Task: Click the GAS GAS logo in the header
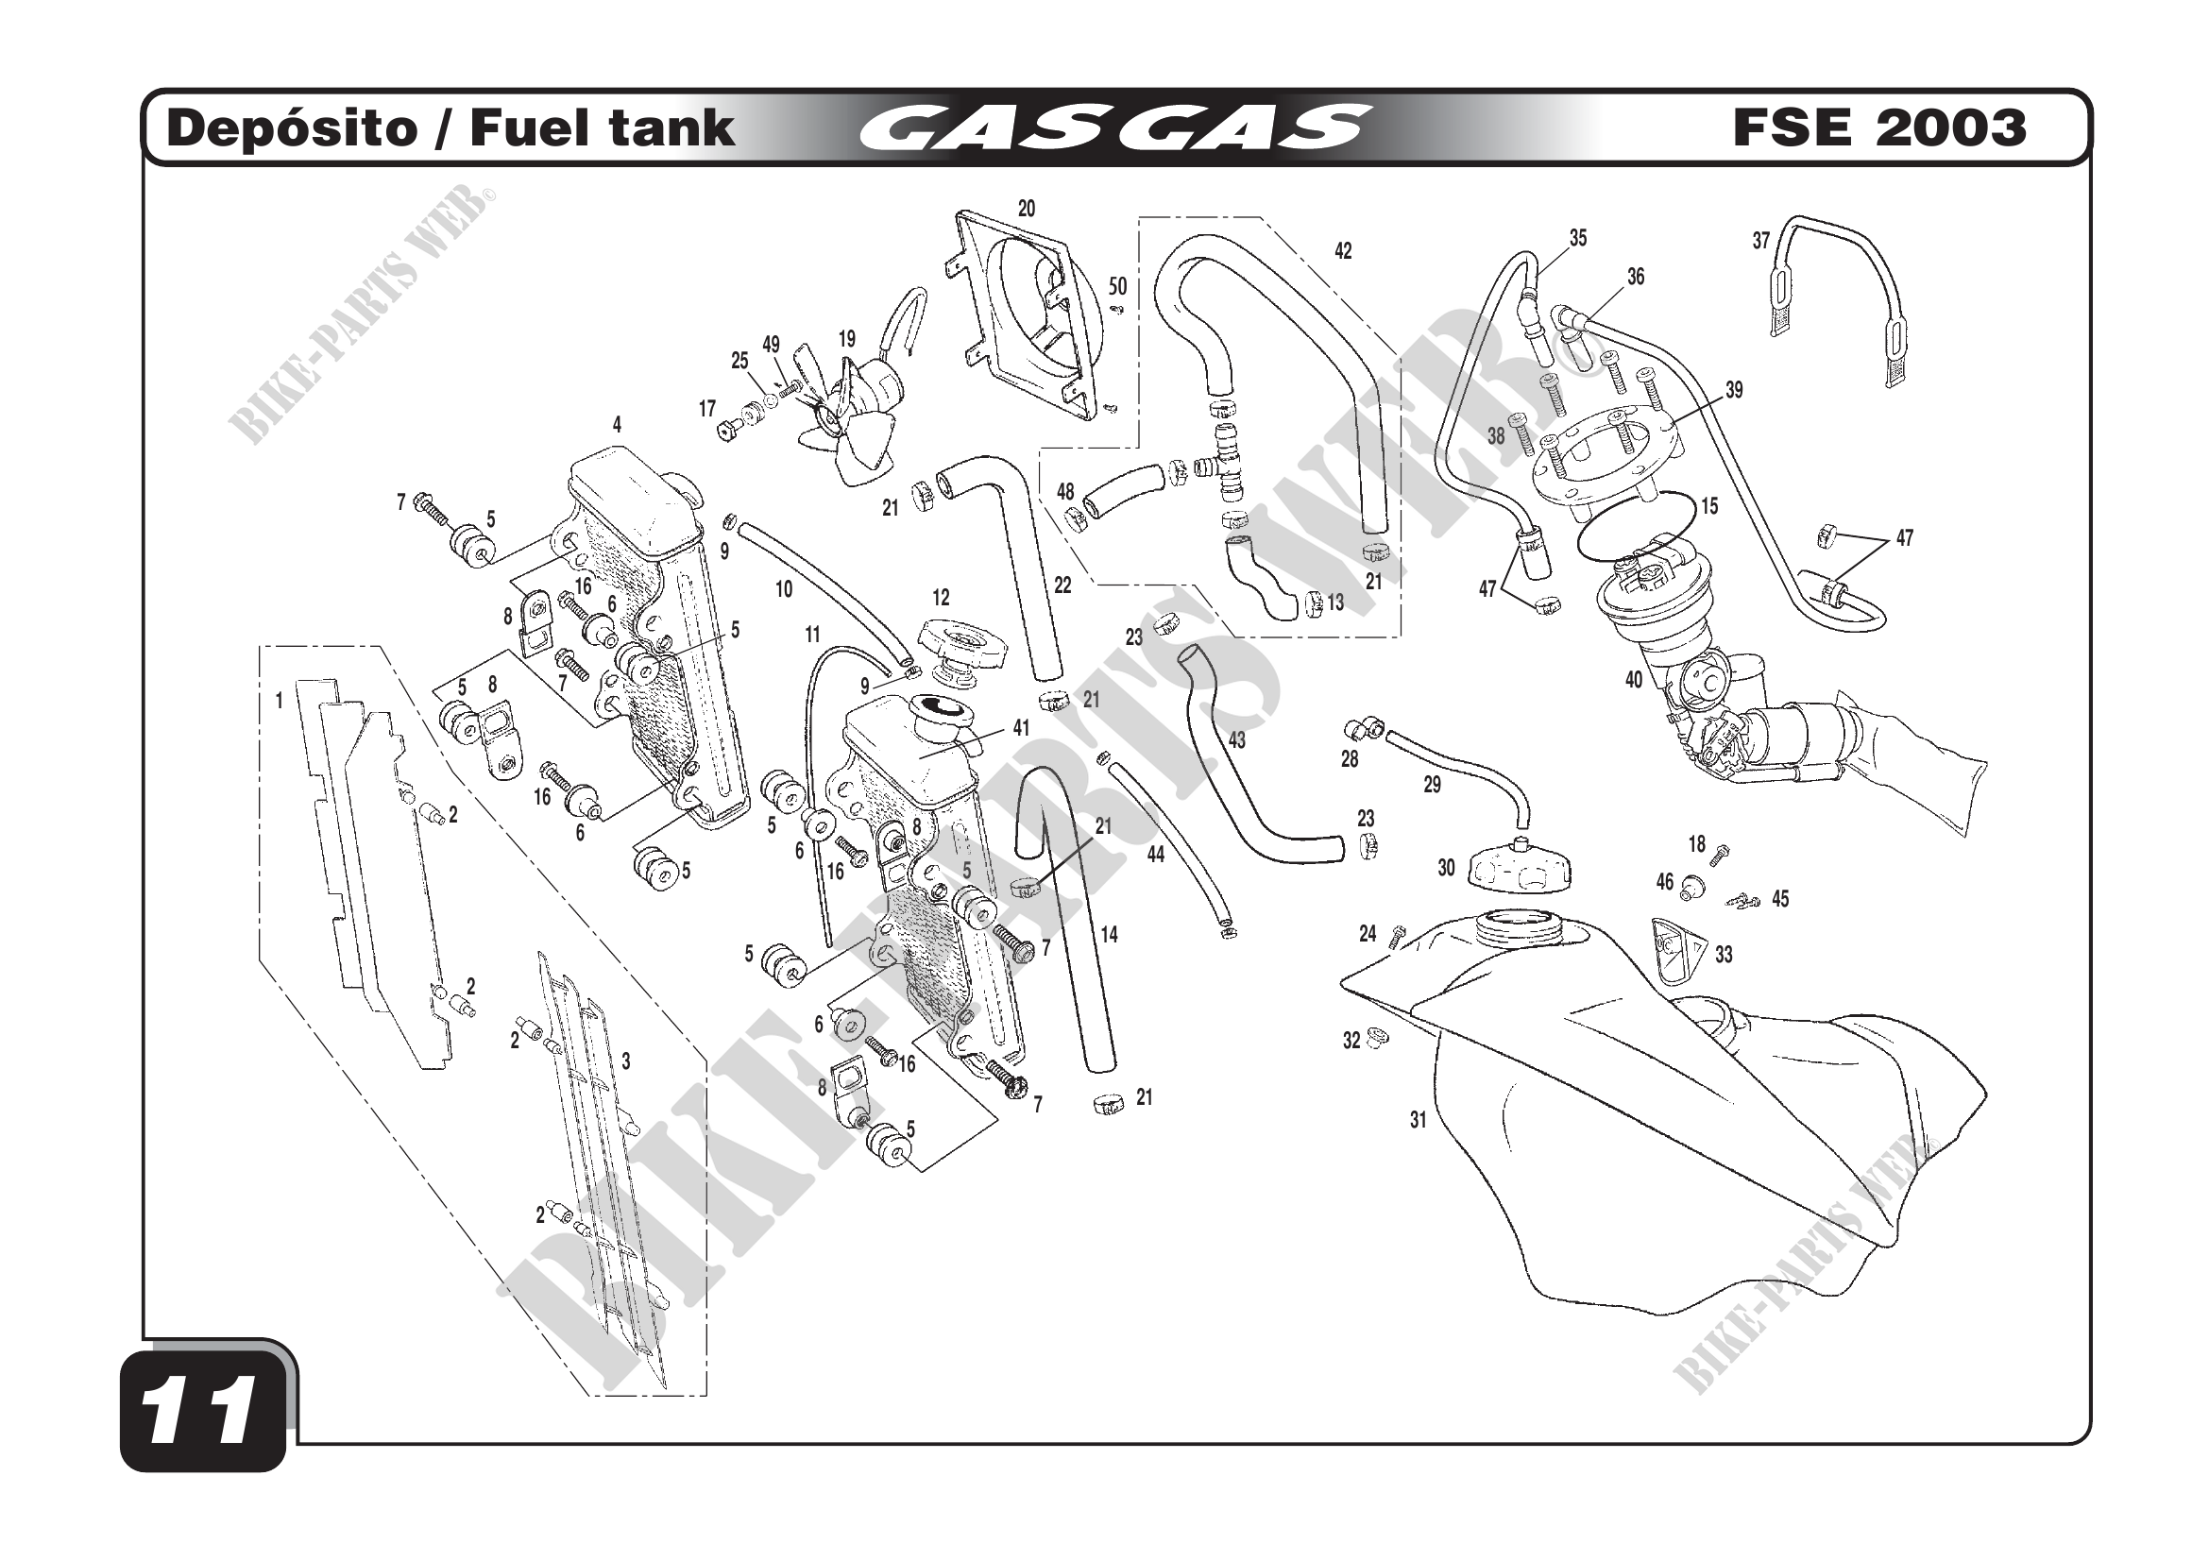click(1115, 128)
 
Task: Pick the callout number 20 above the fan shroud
click(1027, 209)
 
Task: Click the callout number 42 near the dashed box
click(1343, 251)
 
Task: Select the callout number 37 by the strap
click(1760, 241)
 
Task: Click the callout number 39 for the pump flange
click(1734, 391)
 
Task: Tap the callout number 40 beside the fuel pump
click(1634, 680)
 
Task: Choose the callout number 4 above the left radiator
click(617, 425)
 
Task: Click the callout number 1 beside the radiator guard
click(279, 701)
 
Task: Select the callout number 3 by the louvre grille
click(625, 1061)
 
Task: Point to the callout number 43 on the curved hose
click(1237, 739)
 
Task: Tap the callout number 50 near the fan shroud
click(1117, 287)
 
